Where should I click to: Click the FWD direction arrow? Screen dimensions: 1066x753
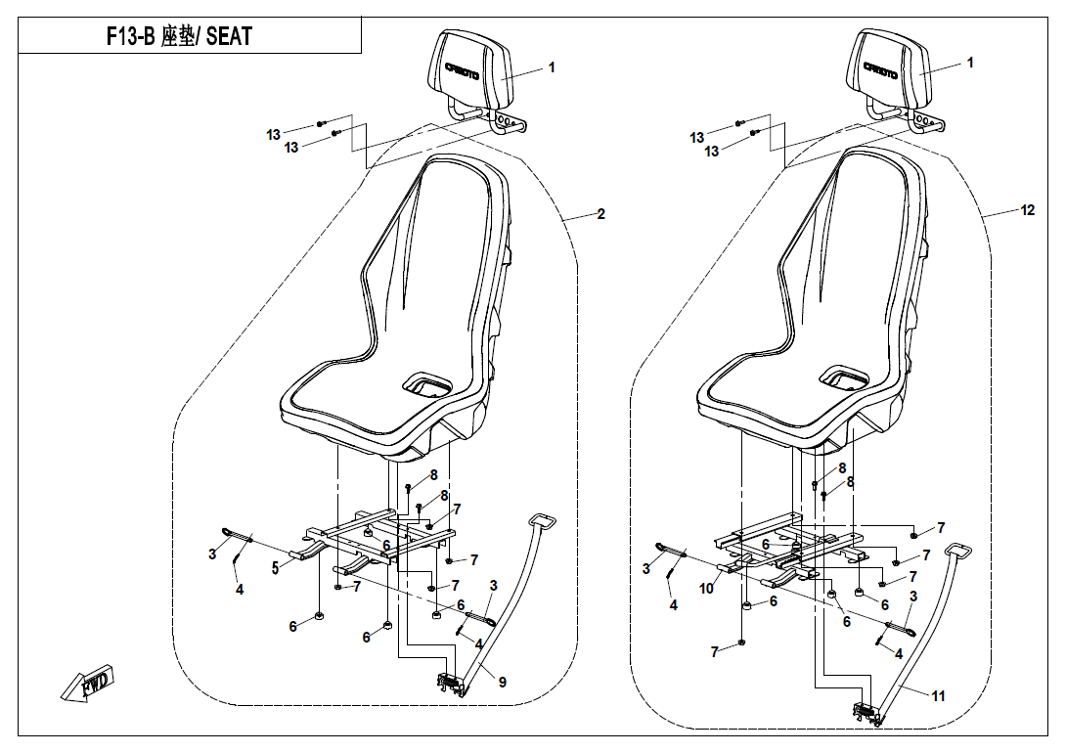click(87, 682)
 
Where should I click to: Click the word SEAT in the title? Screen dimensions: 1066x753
click(229, 36)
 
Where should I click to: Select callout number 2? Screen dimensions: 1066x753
click(601, 214)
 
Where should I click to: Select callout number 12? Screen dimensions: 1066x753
click(1027, 210)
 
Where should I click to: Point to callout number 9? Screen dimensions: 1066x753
click(503, 683)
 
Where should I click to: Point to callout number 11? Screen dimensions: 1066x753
click(938, 696)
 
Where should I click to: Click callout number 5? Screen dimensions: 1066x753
click(276, 568)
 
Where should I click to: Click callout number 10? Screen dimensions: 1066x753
click(706, 588)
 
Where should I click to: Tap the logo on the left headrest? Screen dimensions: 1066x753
click(463, 70)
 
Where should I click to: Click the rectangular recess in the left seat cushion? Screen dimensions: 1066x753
click(427, 384)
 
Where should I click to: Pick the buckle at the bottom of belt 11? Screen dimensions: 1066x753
click(869, 714)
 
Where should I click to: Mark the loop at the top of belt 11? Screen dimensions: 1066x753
click(957, 552)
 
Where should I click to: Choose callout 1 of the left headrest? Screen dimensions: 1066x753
click(552, 67)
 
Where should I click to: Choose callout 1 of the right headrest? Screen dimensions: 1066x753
click(970, 63)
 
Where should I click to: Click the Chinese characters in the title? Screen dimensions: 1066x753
click(178, 36)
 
